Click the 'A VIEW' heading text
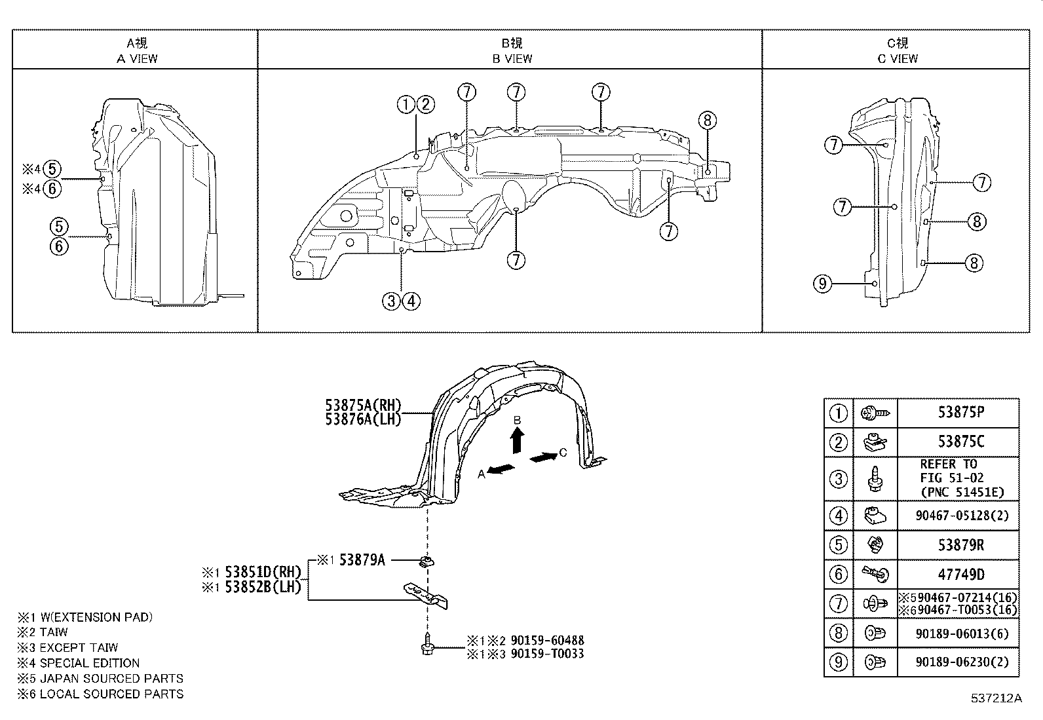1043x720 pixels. click(x=137, y=58)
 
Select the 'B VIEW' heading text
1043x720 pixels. click(x=512, y=58)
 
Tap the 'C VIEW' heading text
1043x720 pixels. click(x=898, y=58)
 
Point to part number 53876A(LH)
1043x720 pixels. click(x=363, y=419)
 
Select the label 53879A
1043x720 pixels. click(x=362, y=560)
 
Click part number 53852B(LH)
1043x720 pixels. click(x=263, y=587)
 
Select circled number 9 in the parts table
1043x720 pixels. click(x=839, y=662)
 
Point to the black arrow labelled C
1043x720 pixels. click(x=543, y=457)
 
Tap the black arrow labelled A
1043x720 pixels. click(x=501, y=470)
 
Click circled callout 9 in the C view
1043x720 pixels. click(x=823, y=284)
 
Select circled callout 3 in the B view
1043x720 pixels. click(x=391, y=301)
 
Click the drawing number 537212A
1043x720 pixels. click(x=996, y=698)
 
